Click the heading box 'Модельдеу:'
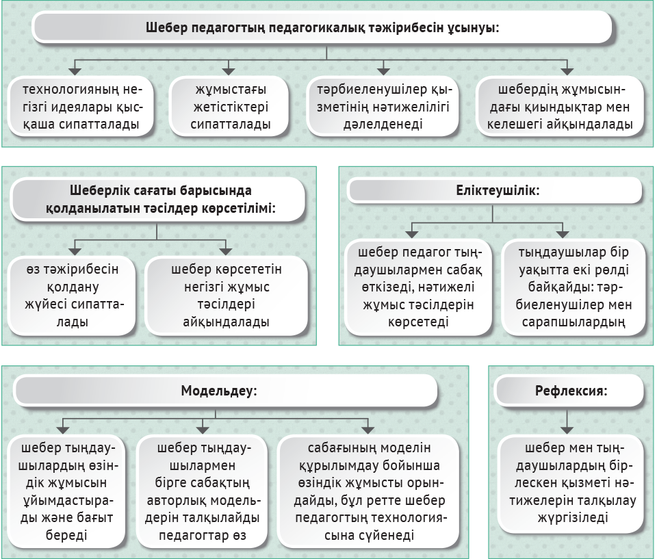[225, 391]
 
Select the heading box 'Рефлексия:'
[570, 391]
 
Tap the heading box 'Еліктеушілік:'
[495, 191]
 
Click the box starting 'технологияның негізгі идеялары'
[81, 107]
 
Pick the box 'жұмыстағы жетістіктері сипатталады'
[230, 107]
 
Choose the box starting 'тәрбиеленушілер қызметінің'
[383, 107]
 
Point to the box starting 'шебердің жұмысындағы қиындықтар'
[560, 107]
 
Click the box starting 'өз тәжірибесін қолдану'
[72, 296]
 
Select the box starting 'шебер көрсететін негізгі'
[226, 296]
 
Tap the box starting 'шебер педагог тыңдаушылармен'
[417, 287]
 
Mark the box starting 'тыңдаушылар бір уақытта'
[574, 287]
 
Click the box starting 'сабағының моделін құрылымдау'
[369, 491]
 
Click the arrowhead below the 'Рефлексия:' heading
[567, 430]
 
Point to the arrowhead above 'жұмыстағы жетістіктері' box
[229, 71]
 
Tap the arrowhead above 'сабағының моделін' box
[368, 430]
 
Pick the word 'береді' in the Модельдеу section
[66, 535]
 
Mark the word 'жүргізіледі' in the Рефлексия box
[572, 517]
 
